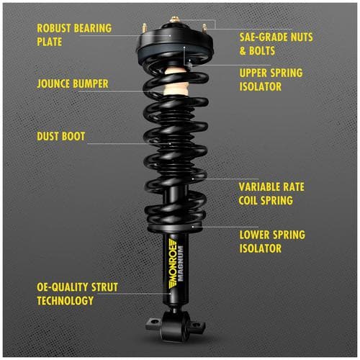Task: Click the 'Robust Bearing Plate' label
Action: coord(73,35)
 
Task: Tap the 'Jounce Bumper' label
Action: coord(72,84)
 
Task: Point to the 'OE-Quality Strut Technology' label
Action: coord(76,293)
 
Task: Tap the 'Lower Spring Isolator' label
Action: coord(271,241)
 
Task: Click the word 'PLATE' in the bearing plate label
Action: coord(50,41)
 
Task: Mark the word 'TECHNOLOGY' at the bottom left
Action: coord(65,300)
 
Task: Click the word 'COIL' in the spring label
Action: coord(253,200)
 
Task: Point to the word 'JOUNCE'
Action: coord(55,84)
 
